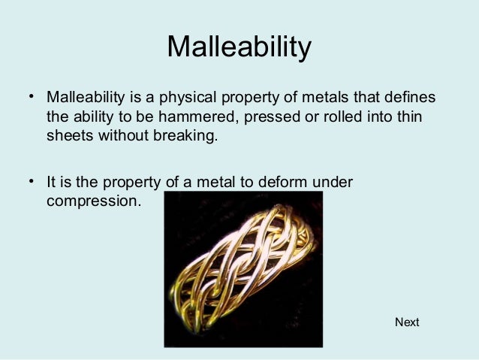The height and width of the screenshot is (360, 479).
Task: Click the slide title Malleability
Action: [239, 47]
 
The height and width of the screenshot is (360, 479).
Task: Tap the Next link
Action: [407, 322]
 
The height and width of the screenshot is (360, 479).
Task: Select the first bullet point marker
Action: [32, 98]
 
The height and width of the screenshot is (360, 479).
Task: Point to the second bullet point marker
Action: [32, 182]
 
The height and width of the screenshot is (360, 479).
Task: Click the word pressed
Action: [253, 119]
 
